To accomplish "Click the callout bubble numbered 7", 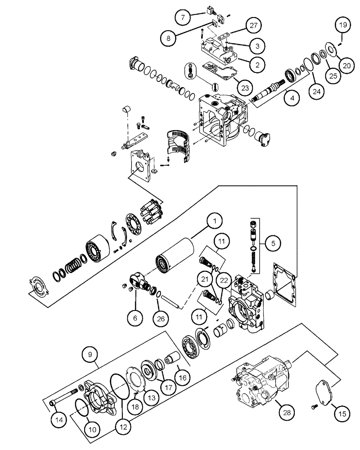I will click(x=183, y=18).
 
